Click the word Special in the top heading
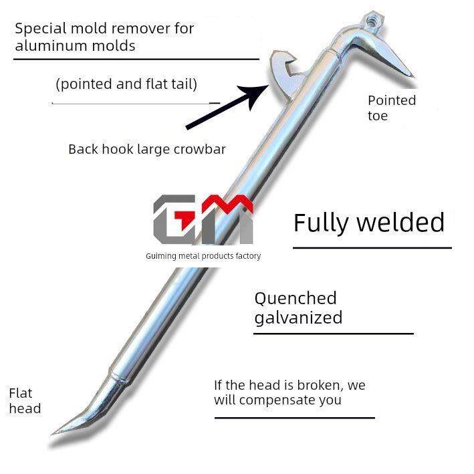[39, 29]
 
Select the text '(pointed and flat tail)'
[126, 84]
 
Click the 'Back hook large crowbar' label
[147, 149]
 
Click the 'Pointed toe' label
[392, 108]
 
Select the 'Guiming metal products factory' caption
[203, 256]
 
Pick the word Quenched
[295, 298]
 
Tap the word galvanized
[298, 317]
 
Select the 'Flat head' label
[25, 400]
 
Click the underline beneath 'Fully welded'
[372, 248]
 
